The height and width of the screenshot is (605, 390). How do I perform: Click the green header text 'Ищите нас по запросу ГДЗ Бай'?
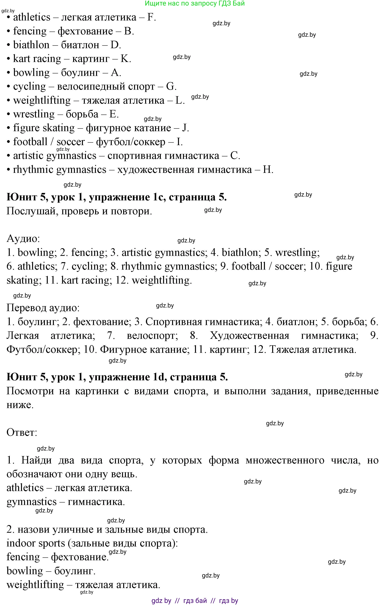coord(194,4)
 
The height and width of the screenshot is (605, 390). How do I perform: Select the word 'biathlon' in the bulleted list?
coord(31,45)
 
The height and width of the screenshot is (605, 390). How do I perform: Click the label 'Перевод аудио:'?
coord(43,308)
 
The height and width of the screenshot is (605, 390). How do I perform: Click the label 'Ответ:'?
coord(22,433)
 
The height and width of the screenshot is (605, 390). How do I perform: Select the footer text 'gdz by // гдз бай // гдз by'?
coord(194,601)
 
